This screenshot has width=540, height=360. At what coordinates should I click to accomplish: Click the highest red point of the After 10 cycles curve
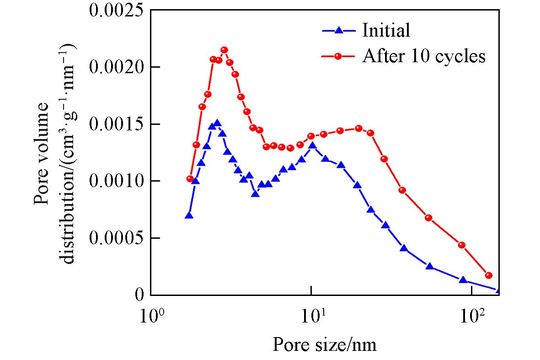pyautogui.click(x=224, y=50)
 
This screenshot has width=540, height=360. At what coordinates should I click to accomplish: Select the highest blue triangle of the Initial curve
pyautogui.click(x=217, y=124)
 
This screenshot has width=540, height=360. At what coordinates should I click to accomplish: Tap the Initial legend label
pyautogui.click(x=386, y=31)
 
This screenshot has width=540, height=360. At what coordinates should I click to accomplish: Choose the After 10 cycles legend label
pyautogui.click(x=423, y=56)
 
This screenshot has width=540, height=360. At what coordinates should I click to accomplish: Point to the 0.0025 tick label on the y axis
pyautogui.click(x=115, y=10)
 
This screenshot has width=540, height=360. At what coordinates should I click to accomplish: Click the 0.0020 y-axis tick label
pyautogui.click(x=115, y=67)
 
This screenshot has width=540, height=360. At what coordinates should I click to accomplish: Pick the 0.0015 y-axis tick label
pyautogui.click(x=115, y=124)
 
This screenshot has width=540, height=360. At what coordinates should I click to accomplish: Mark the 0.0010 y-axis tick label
pyautogui.click(x=115, y=181)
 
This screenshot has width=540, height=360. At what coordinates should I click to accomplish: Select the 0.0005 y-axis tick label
pyautogui.click(x=115, y=238)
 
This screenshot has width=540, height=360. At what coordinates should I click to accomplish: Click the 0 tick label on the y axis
pyautogui.click(x=138, y=295)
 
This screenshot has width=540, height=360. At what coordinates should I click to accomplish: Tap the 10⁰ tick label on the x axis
pyautogui.click(x=150, y=316)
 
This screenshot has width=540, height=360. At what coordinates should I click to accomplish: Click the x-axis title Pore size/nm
pyautogui.click(x=325, y=344)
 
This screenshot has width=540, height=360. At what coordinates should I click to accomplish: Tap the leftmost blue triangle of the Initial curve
pyautogui.click(x=189, y=215)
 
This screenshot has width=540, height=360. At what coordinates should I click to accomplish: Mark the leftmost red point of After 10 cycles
pyautogui.click(x=190, y=179)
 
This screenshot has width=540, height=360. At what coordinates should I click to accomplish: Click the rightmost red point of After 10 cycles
pyautogui.click(x=489, y=275)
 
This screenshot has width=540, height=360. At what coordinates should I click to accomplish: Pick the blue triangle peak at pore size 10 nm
pyautogui.click(x=313, y=146)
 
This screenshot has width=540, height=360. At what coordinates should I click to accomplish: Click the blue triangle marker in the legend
pyautogui.click(x=338, y=31)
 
